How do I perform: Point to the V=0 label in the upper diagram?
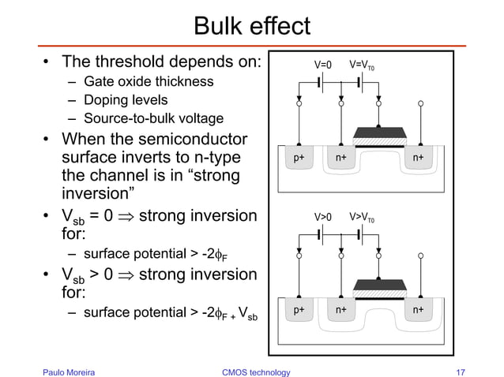click(324, 65)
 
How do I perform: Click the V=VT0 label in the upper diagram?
click(366, 65)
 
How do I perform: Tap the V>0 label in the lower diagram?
click(324, 215)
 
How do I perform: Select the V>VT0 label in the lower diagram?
click(366, 215)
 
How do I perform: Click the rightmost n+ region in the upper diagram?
click(417, 158)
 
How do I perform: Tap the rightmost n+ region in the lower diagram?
click(417, 309)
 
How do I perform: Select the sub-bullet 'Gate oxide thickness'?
click(148, 81)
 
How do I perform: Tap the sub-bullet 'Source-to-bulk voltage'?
click(153, 119)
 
